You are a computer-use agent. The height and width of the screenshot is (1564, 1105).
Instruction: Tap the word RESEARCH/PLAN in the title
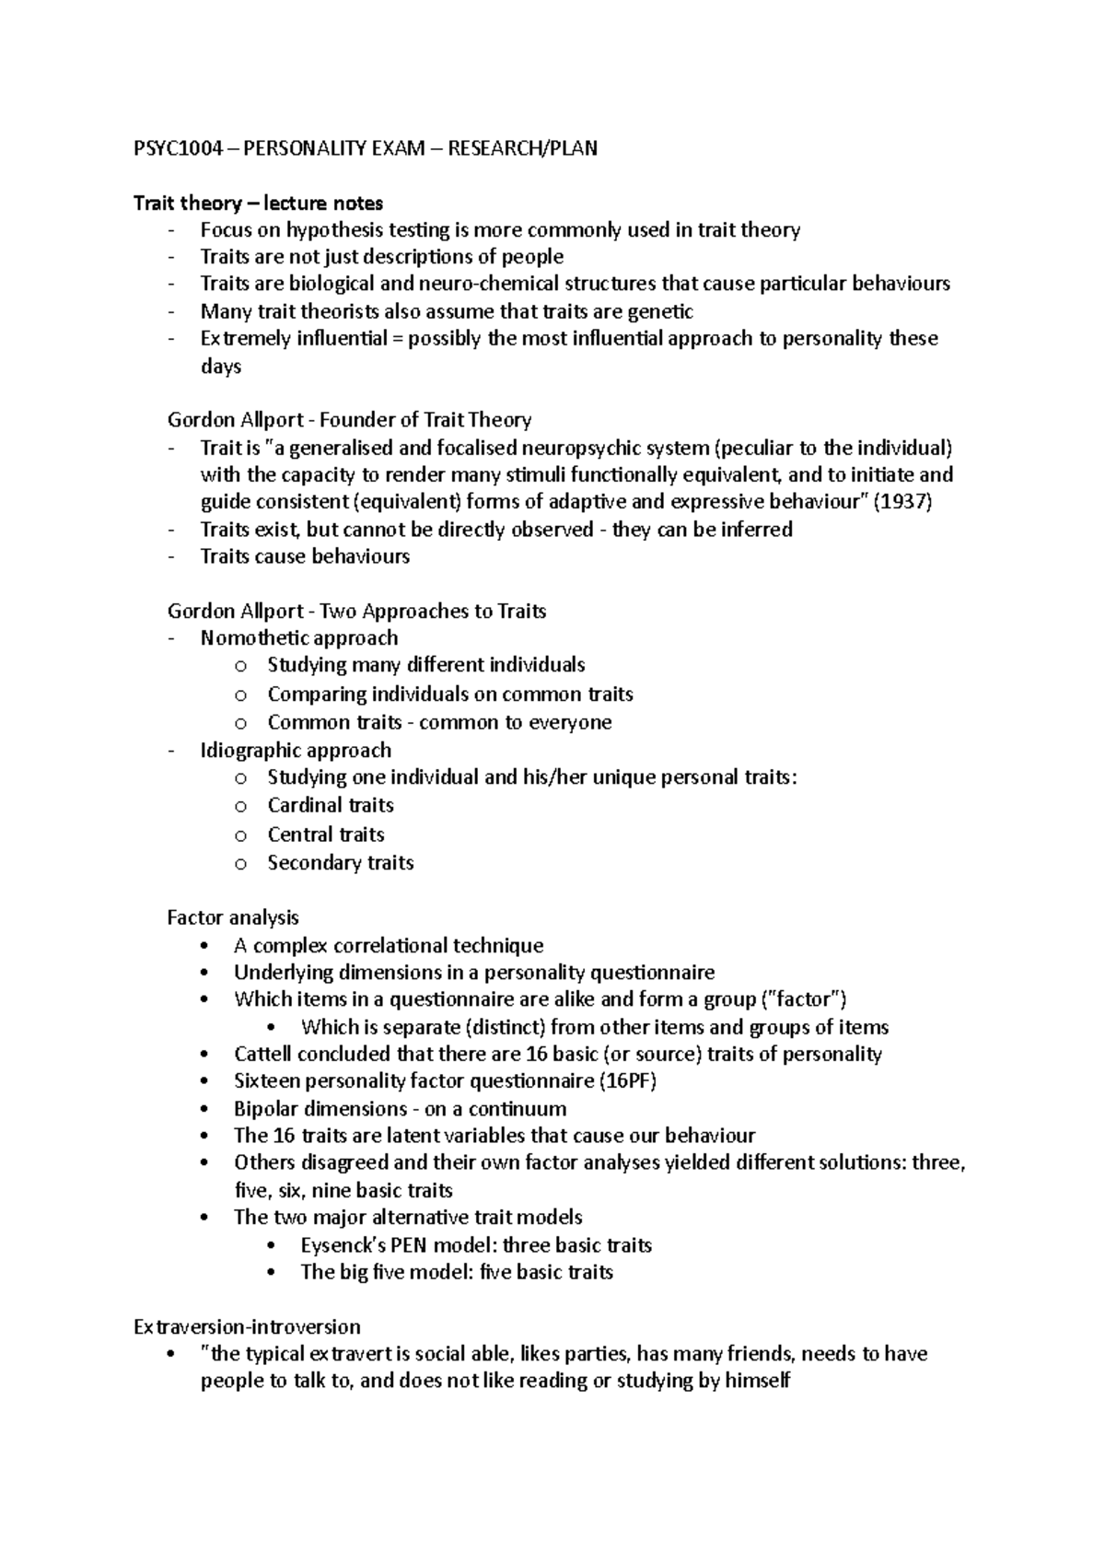point(522,148)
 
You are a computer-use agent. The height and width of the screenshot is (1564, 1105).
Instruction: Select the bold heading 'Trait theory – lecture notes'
point(259,203)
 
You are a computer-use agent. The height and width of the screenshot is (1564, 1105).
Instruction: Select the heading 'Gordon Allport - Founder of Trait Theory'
point(349,420)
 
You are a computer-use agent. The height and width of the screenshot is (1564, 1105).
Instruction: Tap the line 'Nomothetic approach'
point(299,638)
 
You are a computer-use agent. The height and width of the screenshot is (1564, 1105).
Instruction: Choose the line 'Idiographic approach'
point(296,750)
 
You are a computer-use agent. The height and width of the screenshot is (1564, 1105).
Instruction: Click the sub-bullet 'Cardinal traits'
point(331,805)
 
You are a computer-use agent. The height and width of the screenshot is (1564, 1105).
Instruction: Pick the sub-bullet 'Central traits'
point(326,835)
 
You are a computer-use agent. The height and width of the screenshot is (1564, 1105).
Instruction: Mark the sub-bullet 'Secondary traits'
point(341,863)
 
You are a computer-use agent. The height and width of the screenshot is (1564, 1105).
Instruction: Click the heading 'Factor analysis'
point(233,917)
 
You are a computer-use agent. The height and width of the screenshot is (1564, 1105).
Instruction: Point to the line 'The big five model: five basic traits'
point(457,1272)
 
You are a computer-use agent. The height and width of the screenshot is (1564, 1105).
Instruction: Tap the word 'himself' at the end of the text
point(758,1381)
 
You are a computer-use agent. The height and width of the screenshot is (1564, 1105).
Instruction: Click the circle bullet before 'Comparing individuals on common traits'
point(241,694)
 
